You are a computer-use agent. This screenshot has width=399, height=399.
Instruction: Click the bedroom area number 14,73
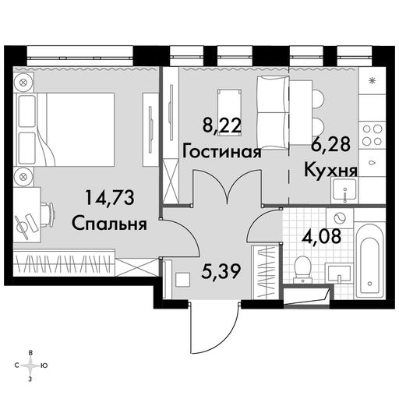point(109,198)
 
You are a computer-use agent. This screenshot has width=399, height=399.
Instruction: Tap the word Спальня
point(109,224)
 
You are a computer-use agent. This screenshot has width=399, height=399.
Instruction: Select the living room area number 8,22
point(222,125)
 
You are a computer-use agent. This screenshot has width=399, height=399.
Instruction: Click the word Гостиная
point(221,152)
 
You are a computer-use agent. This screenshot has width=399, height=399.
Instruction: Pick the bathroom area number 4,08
point(321,236)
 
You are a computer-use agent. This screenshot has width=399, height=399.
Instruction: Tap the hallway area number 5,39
point(220,272)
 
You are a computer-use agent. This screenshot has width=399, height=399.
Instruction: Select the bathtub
point(369,260)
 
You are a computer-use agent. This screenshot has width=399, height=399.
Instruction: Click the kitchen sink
point(344,191)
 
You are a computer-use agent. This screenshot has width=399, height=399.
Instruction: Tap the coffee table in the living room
point(229,111)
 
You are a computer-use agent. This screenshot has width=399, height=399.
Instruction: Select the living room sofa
point(273,112)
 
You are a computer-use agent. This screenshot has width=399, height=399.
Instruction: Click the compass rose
point(30,365)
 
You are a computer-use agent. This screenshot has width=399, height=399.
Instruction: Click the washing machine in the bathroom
point(340,217)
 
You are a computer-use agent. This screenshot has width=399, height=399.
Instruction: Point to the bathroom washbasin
point(339,273)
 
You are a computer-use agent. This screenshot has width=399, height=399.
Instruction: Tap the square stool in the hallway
point(182,280)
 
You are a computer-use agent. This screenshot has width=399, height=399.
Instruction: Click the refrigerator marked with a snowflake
point(373,81)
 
